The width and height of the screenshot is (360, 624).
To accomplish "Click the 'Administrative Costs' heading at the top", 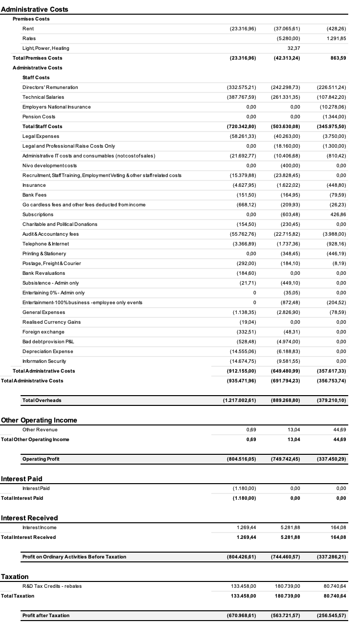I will pos(35,9).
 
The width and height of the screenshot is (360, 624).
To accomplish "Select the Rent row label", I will pos(28,29).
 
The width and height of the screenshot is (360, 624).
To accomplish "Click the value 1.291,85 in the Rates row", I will pos(336,39).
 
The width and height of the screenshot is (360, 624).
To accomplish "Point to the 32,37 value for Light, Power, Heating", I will pos(292,48).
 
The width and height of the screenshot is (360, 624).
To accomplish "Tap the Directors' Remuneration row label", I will pos(50,88).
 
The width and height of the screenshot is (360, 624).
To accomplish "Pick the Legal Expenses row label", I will pos(41,136).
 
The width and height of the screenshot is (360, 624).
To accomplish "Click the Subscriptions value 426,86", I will pos(337,215).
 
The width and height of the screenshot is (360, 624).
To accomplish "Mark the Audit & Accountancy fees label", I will pos(50,234).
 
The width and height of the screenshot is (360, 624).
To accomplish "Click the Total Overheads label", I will pos(42,401).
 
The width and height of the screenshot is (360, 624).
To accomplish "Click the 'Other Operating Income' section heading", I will pos(39,420).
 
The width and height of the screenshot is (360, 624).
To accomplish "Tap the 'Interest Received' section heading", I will pos(29,518).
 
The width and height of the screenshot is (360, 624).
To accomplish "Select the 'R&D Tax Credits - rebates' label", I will pos(52,586).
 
